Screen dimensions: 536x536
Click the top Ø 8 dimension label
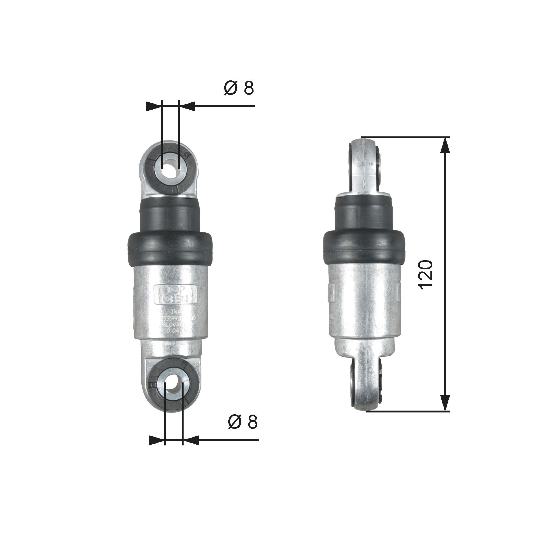coord(239,88)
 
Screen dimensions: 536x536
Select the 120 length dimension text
coord(425,275)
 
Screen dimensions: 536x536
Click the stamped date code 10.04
coord(172,330)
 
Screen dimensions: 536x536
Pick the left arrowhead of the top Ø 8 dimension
coord(154,106)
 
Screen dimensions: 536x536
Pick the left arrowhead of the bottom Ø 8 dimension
coord(157,440)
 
